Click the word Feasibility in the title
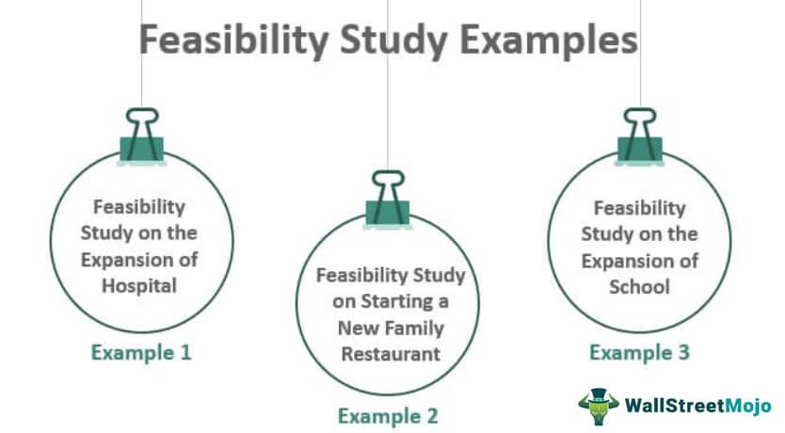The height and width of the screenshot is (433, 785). pos(233,40)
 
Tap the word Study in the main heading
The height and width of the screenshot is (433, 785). pos(393,40)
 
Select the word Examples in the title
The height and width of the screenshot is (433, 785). pos(549,40)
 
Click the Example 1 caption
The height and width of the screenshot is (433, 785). pos(141,352)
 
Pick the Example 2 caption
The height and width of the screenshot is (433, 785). pos(388,416)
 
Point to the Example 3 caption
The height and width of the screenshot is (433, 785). pos(639,352)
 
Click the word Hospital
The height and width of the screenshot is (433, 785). pos(139,286)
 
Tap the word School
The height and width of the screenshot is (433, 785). pos(639,287)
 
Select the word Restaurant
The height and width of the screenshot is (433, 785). pos(391,354)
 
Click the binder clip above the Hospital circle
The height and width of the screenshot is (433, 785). pos(142,136)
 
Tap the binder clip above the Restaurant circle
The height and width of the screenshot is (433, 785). pos(388,200)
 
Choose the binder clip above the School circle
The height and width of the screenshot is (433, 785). pos(640,136)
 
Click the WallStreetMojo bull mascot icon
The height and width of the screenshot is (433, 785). pos(599,407)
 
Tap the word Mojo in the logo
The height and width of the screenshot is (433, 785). pos(748,405)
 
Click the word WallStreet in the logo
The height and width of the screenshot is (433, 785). pos(675,405)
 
